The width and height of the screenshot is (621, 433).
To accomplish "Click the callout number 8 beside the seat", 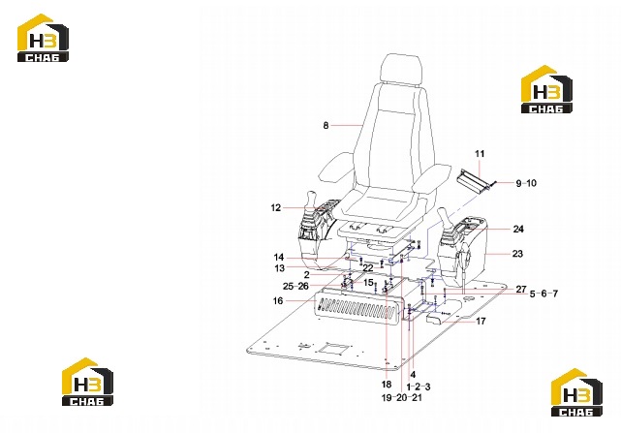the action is pos(326,126).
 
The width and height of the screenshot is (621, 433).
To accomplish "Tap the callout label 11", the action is pos(480,154).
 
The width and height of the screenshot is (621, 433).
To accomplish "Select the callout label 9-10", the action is pos(526,183).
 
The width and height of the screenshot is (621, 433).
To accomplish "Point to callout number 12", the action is pos(276,207).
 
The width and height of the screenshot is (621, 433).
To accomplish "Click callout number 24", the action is pos(518,229).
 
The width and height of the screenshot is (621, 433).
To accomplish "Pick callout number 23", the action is pos(517,254).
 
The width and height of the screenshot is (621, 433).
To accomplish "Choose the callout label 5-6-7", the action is pos(543,294).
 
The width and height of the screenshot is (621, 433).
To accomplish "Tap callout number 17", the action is pos(481,321).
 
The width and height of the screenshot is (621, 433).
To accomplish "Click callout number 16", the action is pos(278,300).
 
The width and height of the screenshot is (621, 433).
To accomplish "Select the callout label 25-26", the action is pos(295,286).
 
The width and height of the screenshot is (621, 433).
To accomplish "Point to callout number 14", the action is pos(279,258).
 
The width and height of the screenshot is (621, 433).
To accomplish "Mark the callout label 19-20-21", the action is pos(402,397).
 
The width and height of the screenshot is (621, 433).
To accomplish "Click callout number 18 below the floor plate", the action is pos(387,385).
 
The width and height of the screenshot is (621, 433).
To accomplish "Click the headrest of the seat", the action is pos(401,68).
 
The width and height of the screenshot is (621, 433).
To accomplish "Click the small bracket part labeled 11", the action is pos(474,181).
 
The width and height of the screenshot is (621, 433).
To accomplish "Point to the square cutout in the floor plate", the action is pos(336,349).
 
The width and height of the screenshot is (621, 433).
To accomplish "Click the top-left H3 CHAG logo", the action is pos(43,38).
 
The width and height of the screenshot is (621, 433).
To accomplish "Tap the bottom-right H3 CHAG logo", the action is pos(576,392).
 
